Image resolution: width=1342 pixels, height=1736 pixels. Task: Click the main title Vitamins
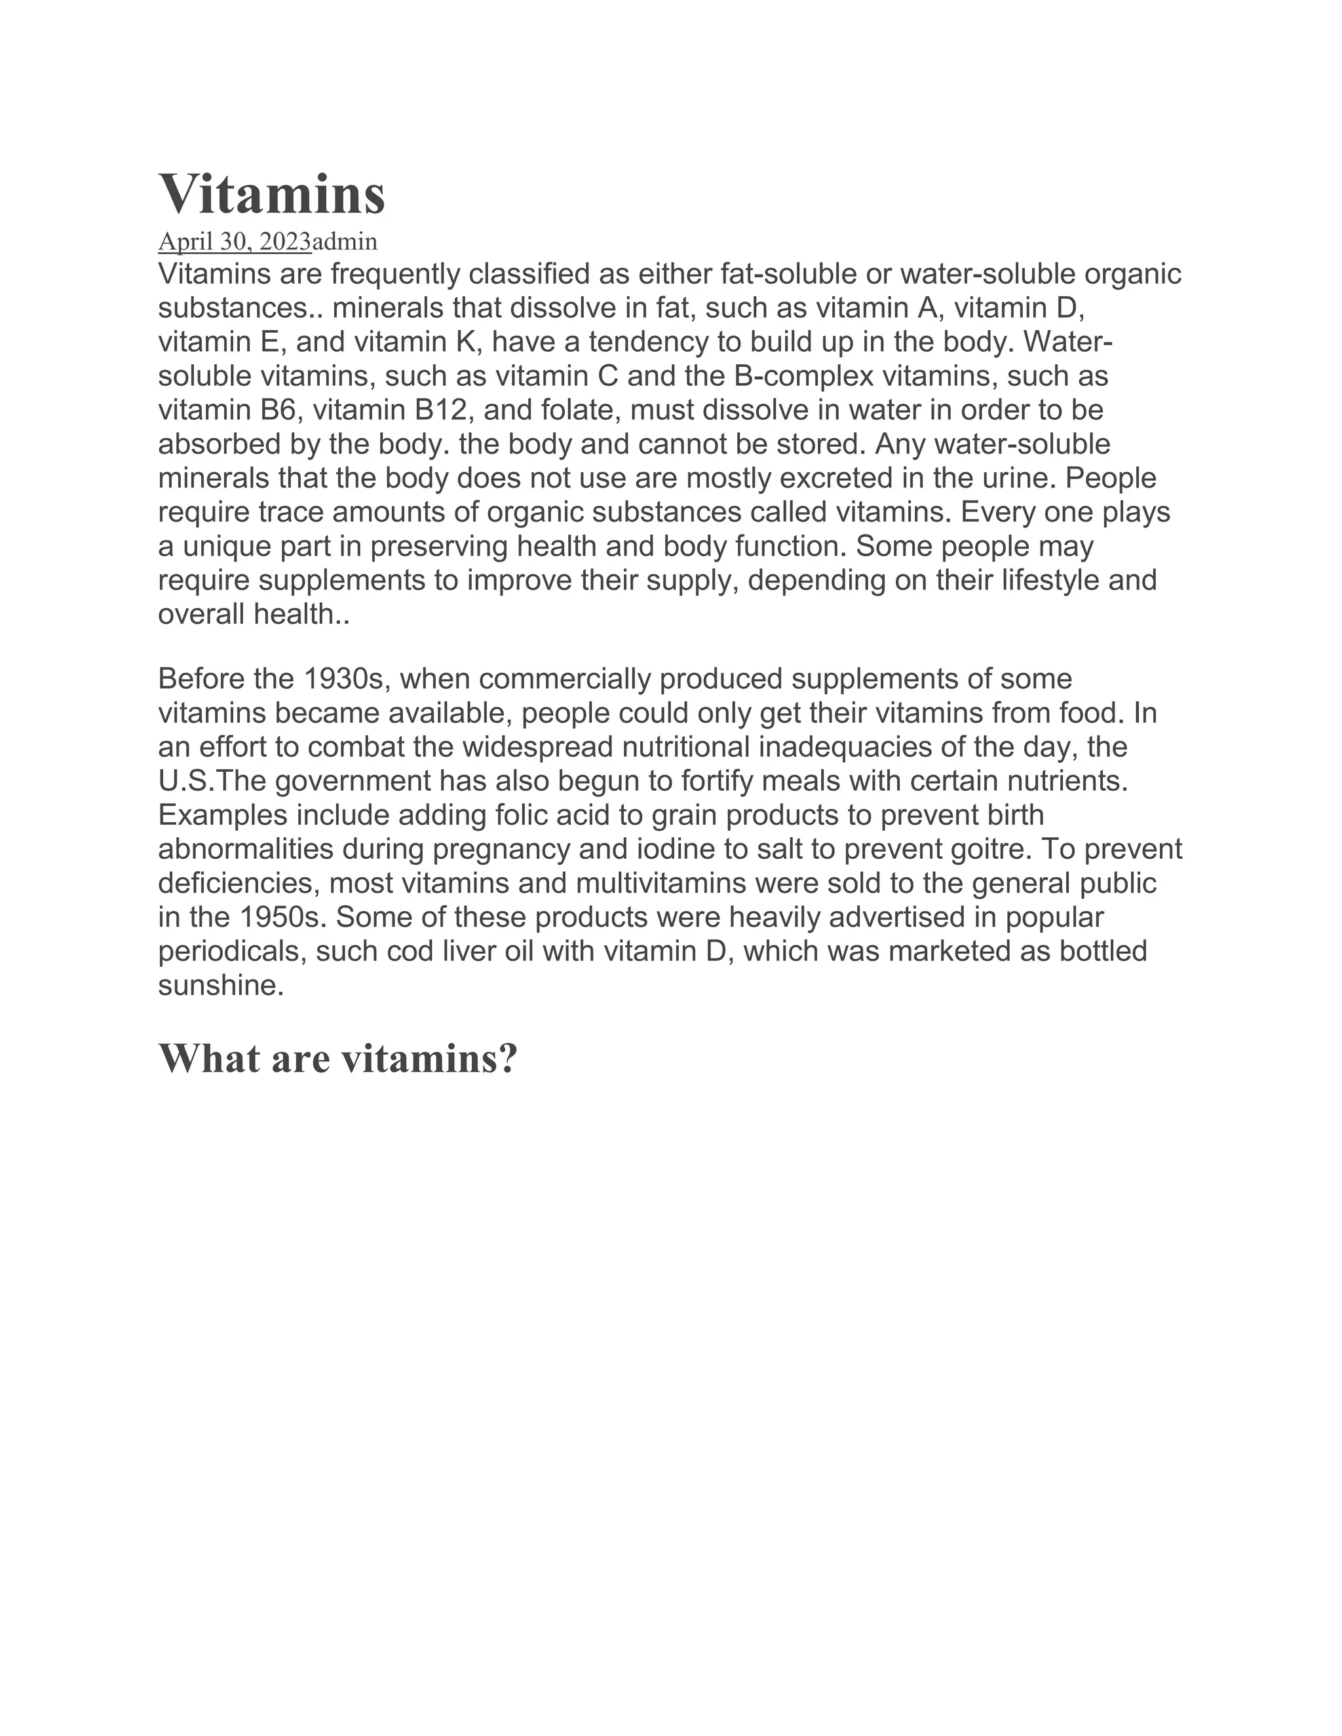click(272, 194)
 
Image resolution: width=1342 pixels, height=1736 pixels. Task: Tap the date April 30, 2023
click(235, 241)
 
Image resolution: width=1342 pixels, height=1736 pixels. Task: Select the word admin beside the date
click(345, 241)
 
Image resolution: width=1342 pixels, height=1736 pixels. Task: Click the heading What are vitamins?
click(338, 1058)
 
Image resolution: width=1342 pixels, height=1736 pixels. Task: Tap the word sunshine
click(220, 986)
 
